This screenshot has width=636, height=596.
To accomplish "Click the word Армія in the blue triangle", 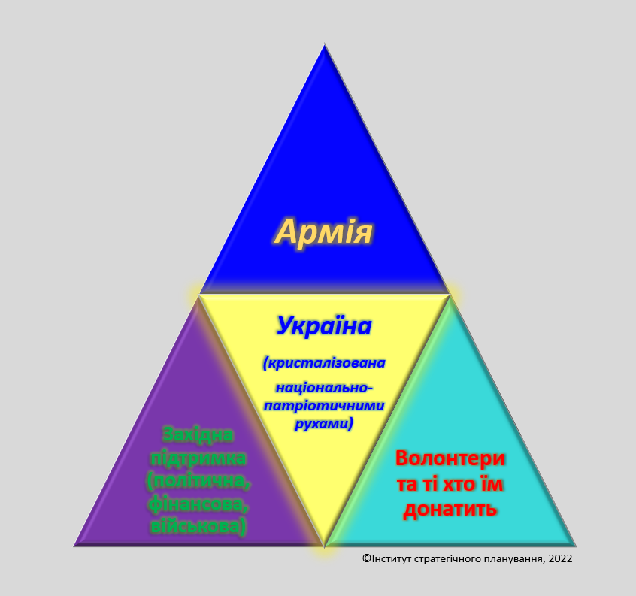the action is point(324,231).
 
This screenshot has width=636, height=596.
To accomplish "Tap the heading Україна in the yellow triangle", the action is point(324,325).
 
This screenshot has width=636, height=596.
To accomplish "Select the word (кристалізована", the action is point(324,362).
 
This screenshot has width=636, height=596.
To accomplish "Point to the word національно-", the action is point(324,388).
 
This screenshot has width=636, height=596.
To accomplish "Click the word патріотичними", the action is point(324,405).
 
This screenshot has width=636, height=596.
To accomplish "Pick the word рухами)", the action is point(324,424).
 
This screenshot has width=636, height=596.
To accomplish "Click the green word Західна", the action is point(198,434).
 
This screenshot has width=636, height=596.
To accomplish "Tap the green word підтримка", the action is point(198,458).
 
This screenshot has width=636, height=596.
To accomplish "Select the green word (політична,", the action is point(198,481).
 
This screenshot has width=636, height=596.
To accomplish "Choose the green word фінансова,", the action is point(198,504).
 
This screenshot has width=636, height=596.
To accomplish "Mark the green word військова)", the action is point(198,527).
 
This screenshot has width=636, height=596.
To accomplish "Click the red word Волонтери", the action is point(450,458).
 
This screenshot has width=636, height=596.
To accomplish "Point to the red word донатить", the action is point(450,509).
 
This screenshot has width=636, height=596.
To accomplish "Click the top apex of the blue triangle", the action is point(325,44).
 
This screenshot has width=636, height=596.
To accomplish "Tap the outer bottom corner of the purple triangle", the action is point(74,546).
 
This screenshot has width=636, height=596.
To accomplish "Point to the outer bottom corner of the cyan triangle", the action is point(576,546).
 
